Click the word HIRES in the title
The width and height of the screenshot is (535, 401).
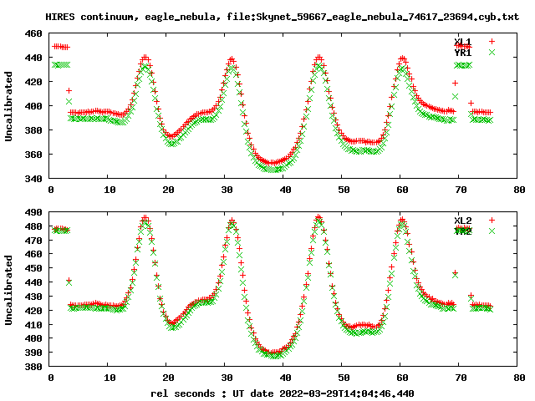(61, 17)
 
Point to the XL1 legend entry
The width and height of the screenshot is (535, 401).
(462, 41)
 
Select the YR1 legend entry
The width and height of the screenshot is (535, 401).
(462, 53)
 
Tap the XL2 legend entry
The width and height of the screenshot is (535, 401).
(462, 220)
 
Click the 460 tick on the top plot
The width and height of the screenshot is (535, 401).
(34, 34)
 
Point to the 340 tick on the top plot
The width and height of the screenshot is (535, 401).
(34, 179)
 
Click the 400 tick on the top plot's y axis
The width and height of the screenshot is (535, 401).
(34, 106)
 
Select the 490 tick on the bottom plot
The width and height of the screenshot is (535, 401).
(34, 212)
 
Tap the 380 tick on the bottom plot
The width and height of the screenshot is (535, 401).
(34, 367)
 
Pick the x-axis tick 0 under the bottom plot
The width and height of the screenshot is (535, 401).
(51, 378)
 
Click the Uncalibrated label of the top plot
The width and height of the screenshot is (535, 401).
(9, 106)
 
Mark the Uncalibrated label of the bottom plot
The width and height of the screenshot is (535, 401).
(9, 289)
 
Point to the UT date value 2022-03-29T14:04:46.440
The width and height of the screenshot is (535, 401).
(345, 393)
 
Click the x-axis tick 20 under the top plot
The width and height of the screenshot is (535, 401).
(167, 190)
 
